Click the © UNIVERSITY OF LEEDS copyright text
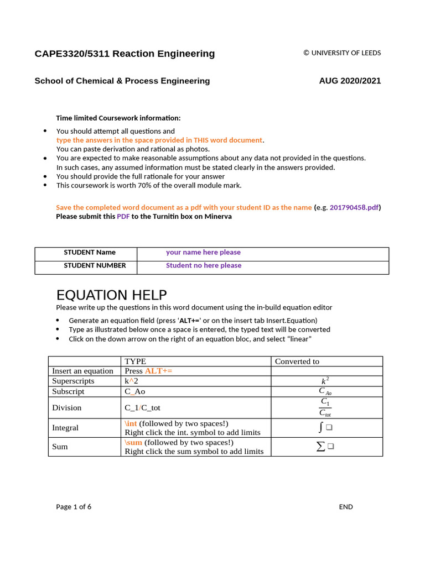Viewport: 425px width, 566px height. coord(342,53)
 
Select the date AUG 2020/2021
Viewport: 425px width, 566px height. coord(350,81)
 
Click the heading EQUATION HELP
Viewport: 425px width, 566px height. coord(111,295)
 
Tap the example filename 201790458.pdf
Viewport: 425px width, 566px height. coord(355,207)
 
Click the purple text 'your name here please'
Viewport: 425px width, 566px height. coord(203,252)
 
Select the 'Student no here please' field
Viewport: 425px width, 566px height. coord(204,265)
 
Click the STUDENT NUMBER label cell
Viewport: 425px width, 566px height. coord(95,265)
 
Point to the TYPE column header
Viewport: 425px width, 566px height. coord(136,361)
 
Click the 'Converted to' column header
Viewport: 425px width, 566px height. coord(297,361)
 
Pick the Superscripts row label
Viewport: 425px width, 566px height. coord(73,381)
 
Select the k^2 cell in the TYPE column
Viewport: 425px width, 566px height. coord(131,381)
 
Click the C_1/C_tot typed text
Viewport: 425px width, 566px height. coord(142,407)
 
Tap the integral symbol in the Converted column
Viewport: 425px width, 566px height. coord(321,427)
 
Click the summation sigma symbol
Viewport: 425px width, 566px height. coord(320,447)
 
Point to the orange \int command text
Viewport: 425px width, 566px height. coord(131,423)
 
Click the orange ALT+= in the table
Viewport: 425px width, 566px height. coord(158,371)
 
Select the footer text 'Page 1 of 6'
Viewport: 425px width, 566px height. coord(74,507)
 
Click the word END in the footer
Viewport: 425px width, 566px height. coord(346,507)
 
